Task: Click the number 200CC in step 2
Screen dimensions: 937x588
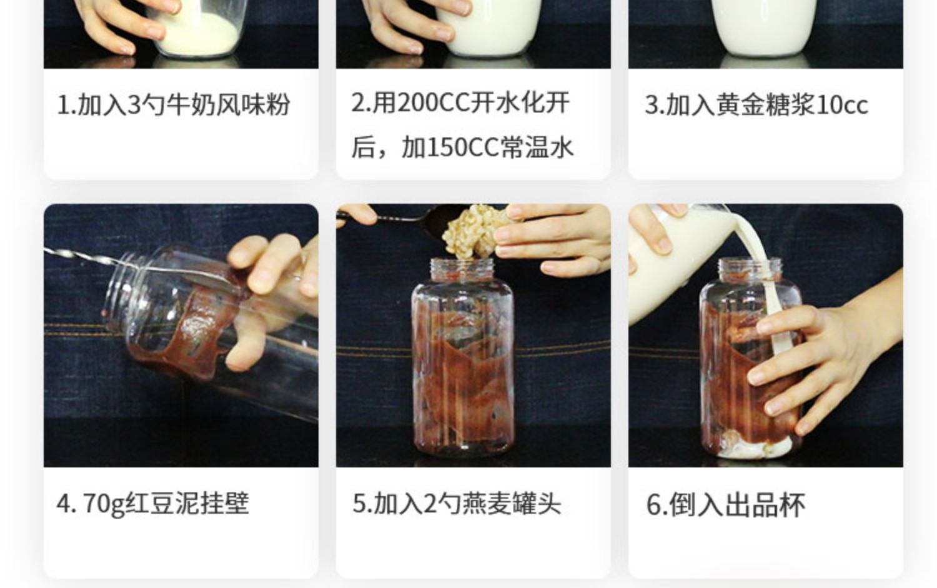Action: click(433, 103)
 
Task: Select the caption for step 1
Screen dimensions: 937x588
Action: click(173, 104)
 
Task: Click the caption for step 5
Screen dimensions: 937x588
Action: click(457, 504)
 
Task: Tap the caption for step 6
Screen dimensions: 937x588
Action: click(726, 505)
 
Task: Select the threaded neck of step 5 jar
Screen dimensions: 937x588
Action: click(462, 269)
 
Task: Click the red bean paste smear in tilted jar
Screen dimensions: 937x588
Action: click(184, 331)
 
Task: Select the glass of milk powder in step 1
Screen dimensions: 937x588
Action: click(197, 29)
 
